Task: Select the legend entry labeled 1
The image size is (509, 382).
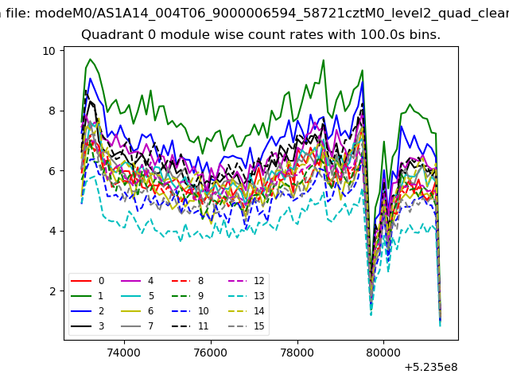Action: click(87, 296)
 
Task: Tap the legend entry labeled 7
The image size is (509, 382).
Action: click(138, 326)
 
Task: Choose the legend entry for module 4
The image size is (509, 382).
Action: click(138, 281)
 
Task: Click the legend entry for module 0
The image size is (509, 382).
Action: click(87, 281)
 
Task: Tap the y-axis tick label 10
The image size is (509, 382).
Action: click(49, 51)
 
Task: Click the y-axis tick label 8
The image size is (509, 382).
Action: click(52, 111)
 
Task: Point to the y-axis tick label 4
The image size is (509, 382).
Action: click(52, 232)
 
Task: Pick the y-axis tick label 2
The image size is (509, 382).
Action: click(52, 291)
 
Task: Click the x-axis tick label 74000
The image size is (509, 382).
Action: click(124, 353)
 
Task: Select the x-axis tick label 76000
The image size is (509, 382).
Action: click(211, 353)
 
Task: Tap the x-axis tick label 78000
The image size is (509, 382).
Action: click(297, 353)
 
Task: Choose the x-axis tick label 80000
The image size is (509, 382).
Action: click(383, 353)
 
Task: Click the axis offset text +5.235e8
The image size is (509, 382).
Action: click(431, 368)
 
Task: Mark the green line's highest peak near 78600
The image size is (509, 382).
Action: click(323, 60)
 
